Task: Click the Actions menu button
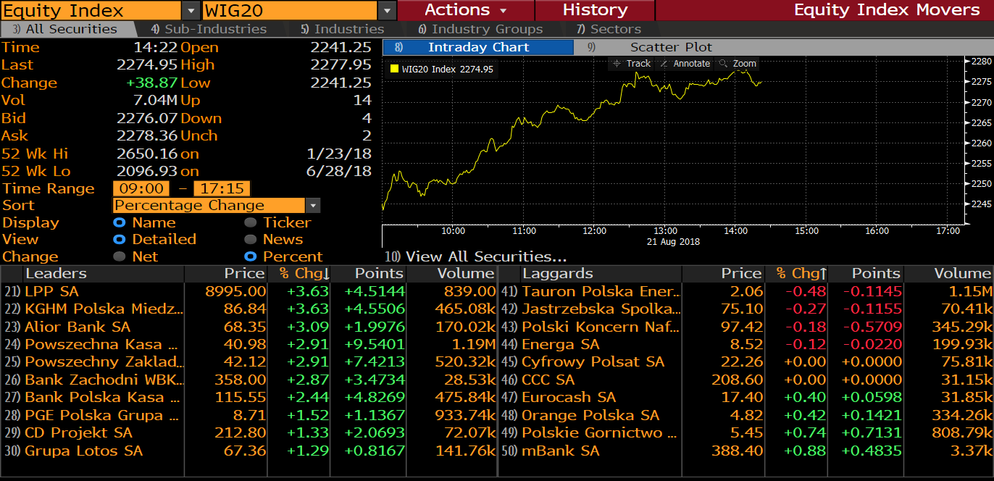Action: [465, 10]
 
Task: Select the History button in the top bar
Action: [595, 10]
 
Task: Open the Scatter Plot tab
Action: [671, 47]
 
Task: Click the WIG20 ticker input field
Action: [290, 10]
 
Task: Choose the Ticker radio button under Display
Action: [250, 222]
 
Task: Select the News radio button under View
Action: [250, 239]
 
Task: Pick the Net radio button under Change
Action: [120, 256]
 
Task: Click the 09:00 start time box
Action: [141, 188]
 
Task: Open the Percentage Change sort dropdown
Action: [312, 206]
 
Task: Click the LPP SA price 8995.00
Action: [235, 291]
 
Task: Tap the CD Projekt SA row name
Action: [78, 432]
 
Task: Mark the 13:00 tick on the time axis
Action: [665, 230]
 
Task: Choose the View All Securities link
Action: [486, 256]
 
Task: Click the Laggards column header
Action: [557, 273]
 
